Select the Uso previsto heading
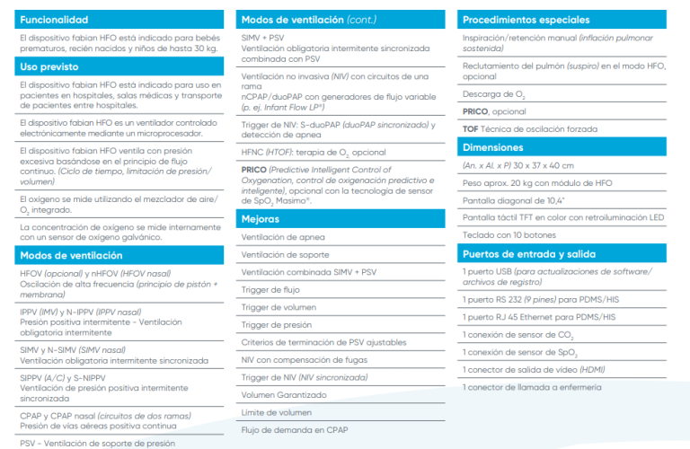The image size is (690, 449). coord(49,66)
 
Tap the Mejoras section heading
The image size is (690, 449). coord(261,218)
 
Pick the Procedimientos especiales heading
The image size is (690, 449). coord(526,19)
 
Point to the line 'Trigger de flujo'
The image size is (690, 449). coord(270,290)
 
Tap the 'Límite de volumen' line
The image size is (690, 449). coord(277,412)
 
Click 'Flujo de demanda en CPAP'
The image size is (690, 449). coord(294,429)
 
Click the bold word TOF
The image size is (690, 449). coord(470,128)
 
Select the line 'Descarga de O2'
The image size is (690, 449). coord(493,94)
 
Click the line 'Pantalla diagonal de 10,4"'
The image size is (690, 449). coord(515,200)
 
